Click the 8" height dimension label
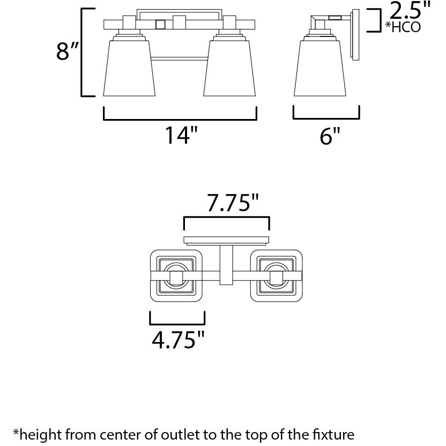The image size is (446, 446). [67, 51]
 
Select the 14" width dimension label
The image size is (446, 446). [181, 135]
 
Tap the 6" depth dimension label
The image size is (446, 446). [330, 136]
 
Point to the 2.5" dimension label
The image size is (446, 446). [409, 10]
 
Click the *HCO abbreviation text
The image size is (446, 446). [403, 27]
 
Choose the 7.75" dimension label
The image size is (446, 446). [233, 203]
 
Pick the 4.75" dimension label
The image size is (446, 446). [178, 340]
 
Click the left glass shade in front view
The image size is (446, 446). [129, 68]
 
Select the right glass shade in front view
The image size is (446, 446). [229, 68]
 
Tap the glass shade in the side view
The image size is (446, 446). [320, 68]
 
